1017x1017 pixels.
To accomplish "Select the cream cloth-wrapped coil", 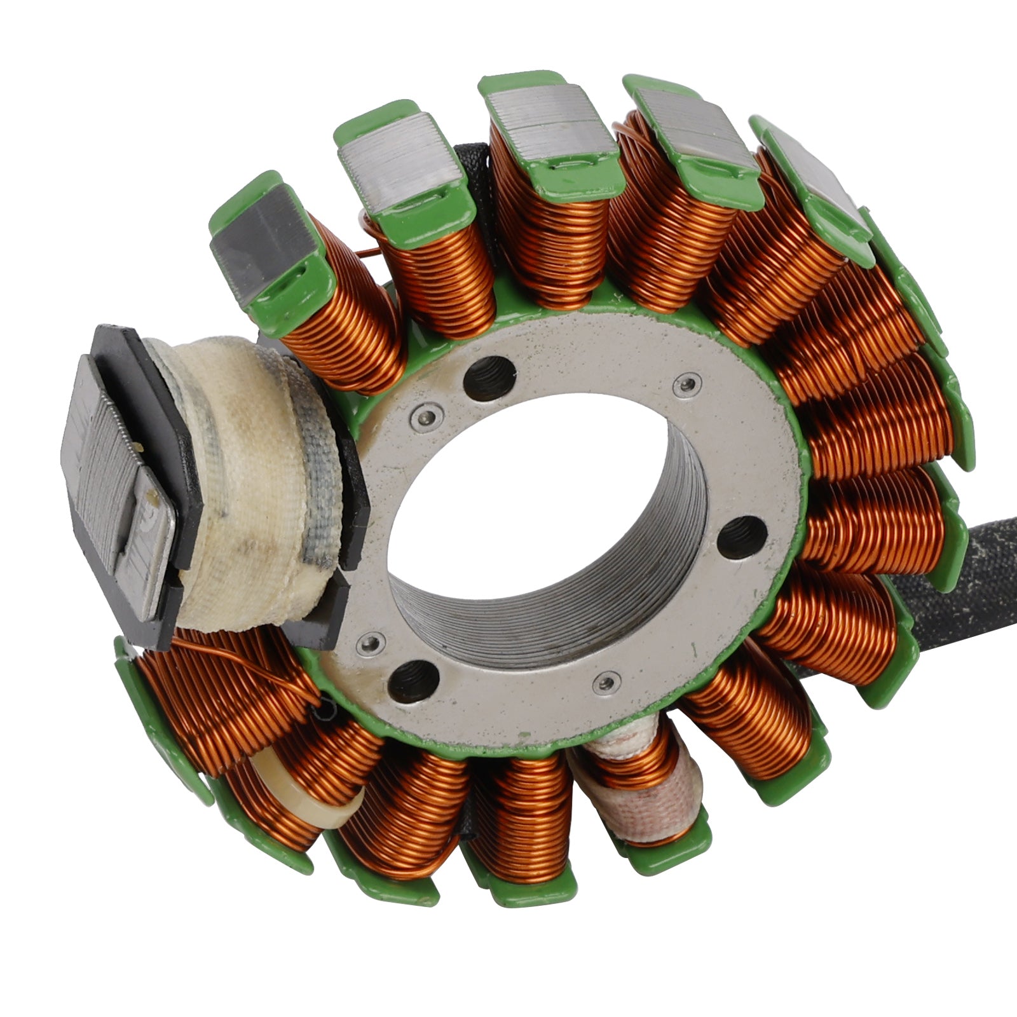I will click(248, 483).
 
